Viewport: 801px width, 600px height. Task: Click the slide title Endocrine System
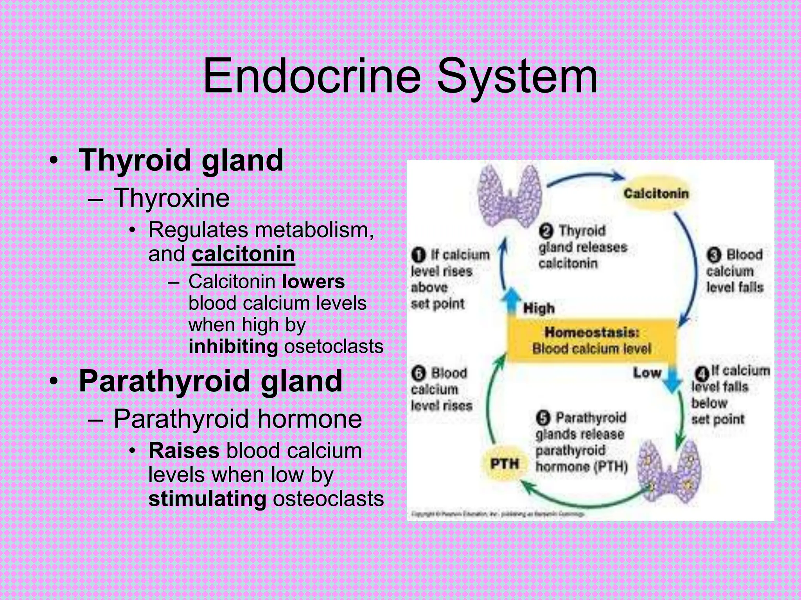[400, 76]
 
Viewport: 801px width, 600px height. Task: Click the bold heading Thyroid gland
[181, 160]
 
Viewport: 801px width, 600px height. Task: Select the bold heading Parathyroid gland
[210, 381]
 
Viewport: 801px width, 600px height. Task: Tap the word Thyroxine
[171, 198]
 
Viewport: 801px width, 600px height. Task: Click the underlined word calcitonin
[243, 254]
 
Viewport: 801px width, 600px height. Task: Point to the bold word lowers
[313, 282]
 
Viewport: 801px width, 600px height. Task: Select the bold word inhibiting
[233, 346]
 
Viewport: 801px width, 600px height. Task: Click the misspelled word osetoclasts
[334, 346]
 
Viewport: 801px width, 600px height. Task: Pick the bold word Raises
[184, 450]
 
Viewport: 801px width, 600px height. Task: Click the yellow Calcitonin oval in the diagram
[656, 193]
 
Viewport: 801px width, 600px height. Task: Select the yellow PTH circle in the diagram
[505, 464]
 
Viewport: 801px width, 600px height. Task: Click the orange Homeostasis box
[592, 340]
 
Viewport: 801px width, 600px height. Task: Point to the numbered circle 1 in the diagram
[418, 255]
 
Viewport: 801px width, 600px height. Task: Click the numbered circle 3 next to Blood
[714, 255]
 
